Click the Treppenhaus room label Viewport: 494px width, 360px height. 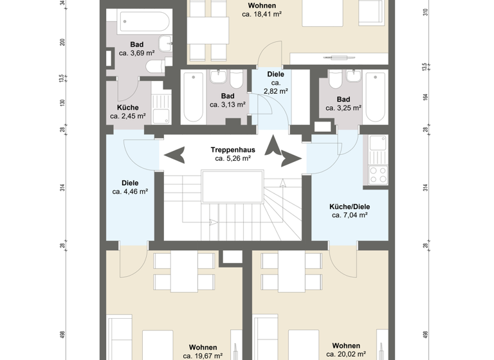pos(233,149)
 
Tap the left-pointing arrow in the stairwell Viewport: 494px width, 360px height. pos(174,155)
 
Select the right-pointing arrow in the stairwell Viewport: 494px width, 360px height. pos(291,156)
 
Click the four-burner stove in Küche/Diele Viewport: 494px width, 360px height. pos(377,175)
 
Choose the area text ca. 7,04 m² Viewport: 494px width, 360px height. pos(349,215)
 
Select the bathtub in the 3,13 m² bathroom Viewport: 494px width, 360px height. pos(193,98)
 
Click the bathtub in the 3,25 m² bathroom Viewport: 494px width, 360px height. pos(375,98)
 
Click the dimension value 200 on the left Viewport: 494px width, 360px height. pos(62,42)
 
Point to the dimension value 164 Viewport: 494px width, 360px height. pos(425,97)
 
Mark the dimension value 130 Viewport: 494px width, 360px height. pos(62,102)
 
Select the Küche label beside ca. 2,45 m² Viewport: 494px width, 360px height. pos(127,107)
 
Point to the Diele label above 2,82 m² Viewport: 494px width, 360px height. pos(276,75)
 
